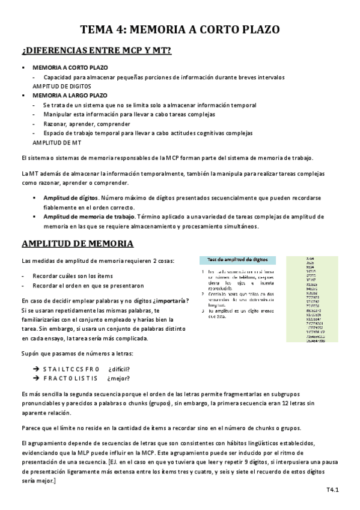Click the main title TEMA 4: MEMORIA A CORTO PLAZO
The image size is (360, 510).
point(180,29)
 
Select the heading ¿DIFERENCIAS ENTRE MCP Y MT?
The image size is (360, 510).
point(96,52)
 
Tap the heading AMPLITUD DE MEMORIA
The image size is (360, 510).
point(78,244)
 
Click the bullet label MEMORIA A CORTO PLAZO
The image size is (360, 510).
point(70,68)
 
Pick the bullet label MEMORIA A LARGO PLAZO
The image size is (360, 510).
point(70,95)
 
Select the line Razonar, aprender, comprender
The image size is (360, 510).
point(80,123)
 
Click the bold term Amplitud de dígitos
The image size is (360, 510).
point(70,198)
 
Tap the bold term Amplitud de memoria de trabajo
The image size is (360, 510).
point(90,217)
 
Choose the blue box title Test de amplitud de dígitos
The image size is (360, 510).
point(237,260)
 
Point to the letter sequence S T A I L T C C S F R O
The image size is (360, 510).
point(71,369)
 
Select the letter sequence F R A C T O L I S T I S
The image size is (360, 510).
point(71,378)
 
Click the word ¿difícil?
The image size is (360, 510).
point(119,369)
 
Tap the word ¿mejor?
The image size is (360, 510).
point(118,378)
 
